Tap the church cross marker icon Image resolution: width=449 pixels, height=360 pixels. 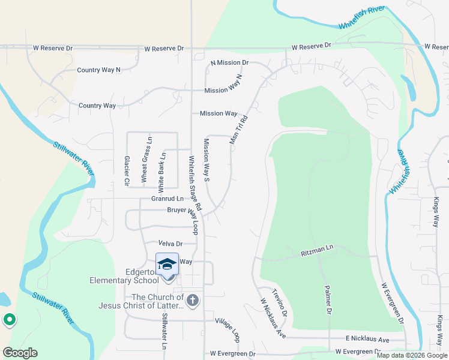(192, 300)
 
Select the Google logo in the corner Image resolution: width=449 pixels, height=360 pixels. (20, 353)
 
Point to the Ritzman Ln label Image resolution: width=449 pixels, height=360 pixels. (316, 248)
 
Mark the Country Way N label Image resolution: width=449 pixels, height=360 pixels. (99, 70)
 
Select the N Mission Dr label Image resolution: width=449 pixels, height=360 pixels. (229, 62)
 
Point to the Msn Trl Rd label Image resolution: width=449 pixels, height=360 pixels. (238, 127)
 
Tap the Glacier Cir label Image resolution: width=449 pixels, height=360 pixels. (127, 170)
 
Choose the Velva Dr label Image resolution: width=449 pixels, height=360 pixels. (170, 244)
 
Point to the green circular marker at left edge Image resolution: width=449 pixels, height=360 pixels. (9, 320)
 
